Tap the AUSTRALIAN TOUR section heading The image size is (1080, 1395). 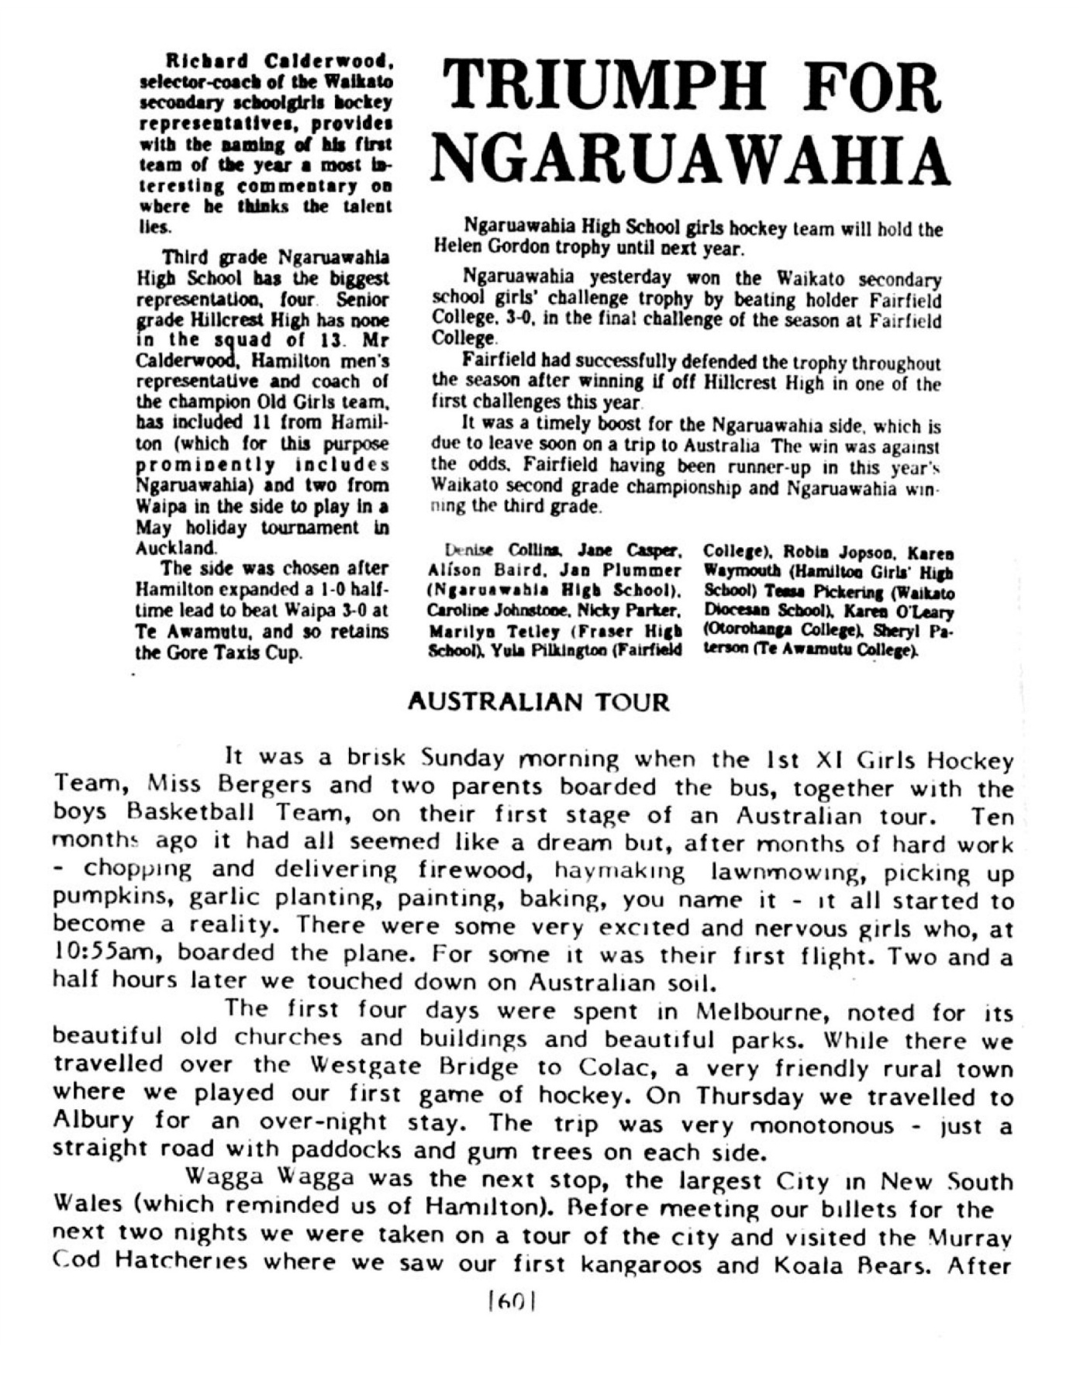(x=537, y=702)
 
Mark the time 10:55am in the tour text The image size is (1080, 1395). (x=89, y=953)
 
